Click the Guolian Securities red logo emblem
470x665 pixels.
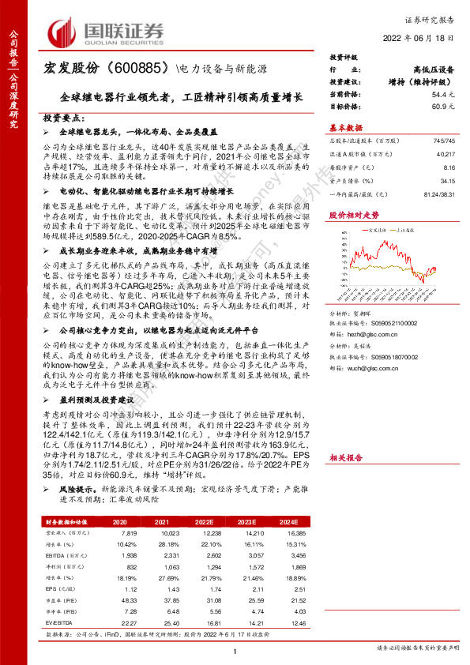coord(63,31)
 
